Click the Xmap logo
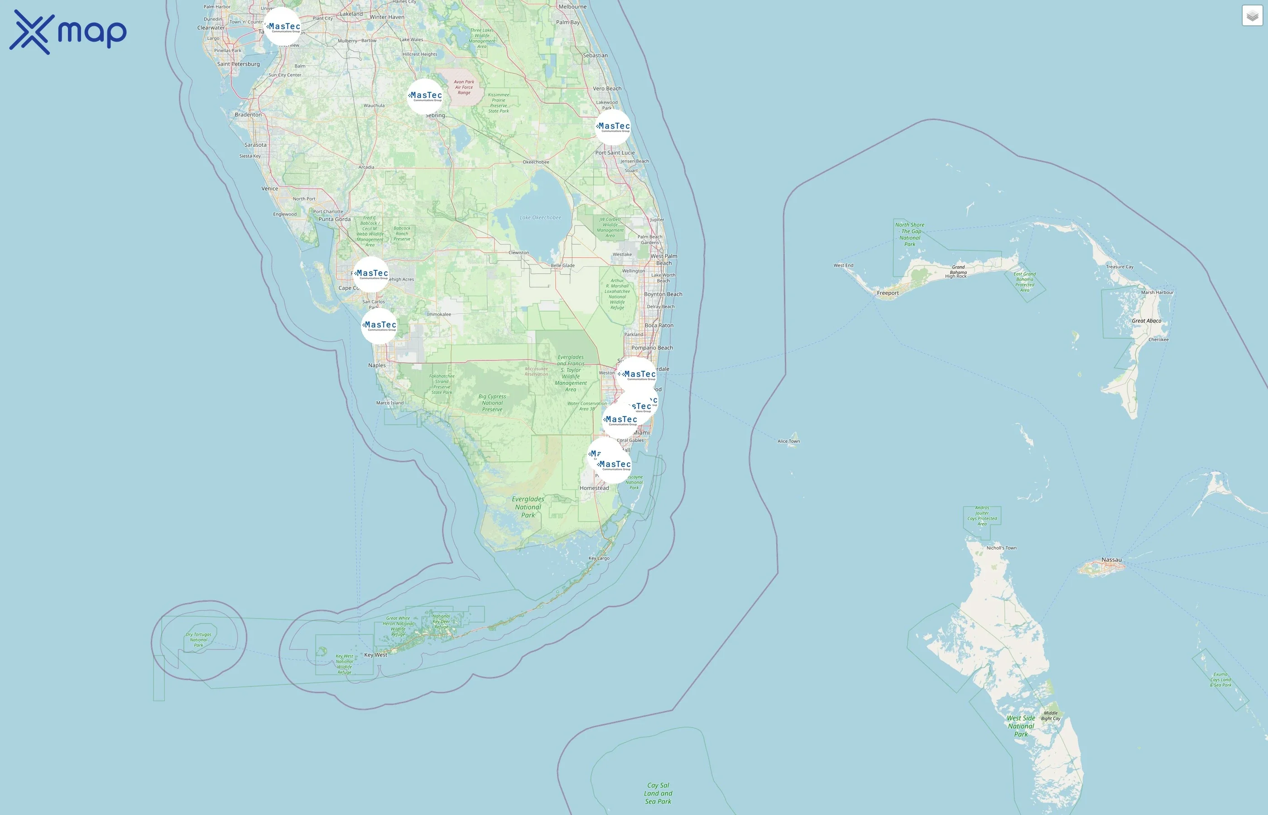pos(68,32)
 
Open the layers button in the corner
pos(1252,16)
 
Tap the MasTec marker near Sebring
pos(425,96)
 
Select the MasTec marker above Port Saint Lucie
pos(613,127)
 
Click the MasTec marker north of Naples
pos(379,326)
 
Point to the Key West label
pos(376,655)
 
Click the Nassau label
pos(1111,559)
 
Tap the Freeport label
pos(888,292)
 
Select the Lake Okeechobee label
pos(540,217)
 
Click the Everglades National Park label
pos(528,507)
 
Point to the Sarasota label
pos(255,145)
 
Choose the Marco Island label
pos(389,403)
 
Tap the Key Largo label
pos(599,558)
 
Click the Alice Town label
pos(788,441)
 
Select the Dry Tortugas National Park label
pos(198,640)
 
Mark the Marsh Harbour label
pos(1157,292)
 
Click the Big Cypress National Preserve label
pos(492,403)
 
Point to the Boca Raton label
pos(659,326)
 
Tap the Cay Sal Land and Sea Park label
pos(658,793)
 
